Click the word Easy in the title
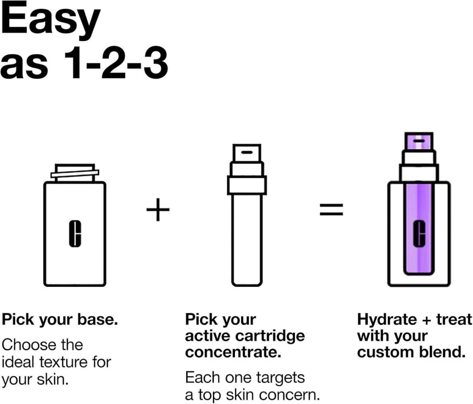click(x=50, y=19)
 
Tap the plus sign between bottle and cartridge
click(x=158, y=209)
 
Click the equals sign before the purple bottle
click(x=331, y=209)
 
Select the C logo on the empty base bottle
click(x=75, y=234)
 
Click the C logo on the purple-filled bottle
click(x=419, y=233)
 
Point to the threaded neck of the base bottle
click(x=75, y=173)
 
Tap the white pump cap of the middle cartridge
click(x=247, y=153)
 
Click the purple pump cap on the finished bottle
click(x=419, y=141)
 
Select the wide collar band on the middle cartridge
click(x=247, y=185)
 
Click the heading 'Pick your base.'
click(x=60, y=319)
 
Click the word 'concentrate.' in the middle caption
click(x=233, y=352)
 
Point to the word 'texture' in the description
click(x=64, y=362)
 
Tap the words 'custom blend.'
click(x=412, y=352)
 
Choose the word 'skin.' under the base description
click(x=53, y=378)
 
